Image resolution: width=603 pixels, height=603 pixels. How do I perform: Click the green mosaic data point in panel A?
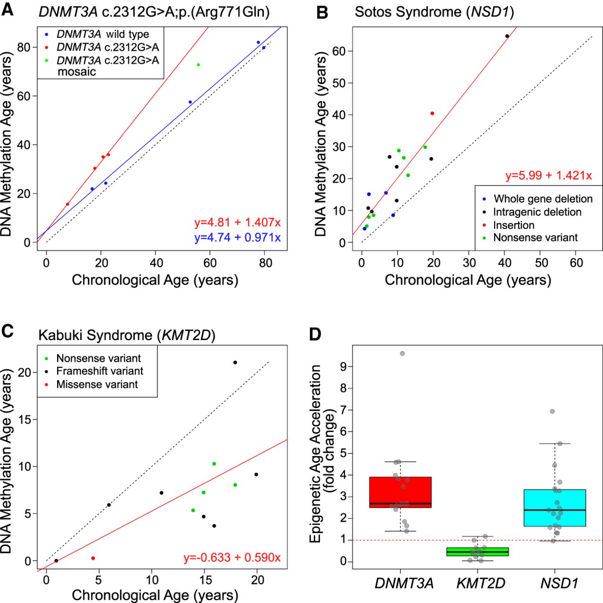click(x=198, y=65)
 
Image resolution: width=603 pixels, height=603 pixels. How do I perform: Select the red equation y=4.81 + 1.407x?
click(x=237, y=222)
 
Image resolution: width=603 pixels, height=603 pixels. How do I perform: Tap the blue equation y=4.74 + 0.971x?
click(x=237, y=237)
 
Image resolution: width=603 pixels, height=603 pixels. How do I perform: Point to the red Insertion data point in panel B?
click(x=432, y=114)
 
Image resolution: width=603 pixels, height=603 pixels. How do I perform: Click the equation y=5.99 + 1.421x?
click(x=548, y=176)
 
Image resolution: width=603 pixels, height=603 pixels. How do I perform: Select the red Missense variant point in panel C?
click(x=93, y=558)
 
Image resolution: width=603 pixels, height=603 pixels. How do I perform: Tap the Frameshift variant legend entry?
click(x=100, y=371)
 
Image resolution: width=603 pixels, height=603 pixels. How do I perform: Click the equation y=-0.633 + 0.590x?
click(x=232, y=558)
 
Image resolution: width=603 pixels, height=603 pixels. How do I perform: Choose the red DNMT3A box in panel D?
click(x=400, y=492)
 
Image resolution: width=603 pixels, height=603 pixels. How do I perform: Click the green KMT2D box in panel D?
click(x=477, y=552)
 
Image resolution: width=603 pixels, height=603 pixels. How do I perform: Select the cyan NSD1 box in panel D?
click(x=555, y=508)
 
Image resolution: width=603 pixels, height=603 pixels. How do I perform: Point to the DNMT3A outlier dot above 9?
click(x=402, y=353)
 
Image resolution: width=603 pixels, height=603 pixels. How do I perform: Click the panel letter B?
click(x=322, y=12)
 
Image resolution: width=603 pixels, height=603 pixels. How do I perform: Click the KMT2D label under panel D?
click(x=481, y=583)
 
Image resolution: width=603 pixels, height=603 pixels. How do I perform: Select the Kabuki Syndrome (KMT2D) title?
click(x=126, y=335)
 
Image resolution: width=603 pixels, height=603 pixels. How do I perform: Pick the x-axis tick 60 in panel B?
click(x=577, y=262)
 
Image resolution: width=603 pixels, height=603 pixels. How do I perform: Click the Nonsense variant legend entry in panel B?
click(x=535, y=237)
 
